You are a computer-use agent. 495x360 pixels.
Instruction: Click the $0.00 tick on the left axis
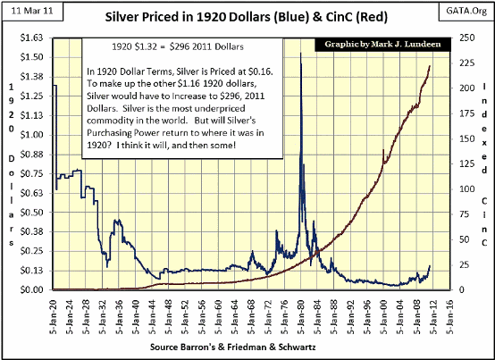31,290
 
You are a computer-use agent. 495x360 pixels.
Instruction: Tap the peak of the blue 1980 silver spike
299,54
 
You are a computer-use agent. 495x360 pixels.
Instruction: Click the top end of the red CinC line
431,66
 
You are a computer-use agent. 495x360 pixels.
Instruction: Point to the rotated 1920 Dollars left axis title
11,161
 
